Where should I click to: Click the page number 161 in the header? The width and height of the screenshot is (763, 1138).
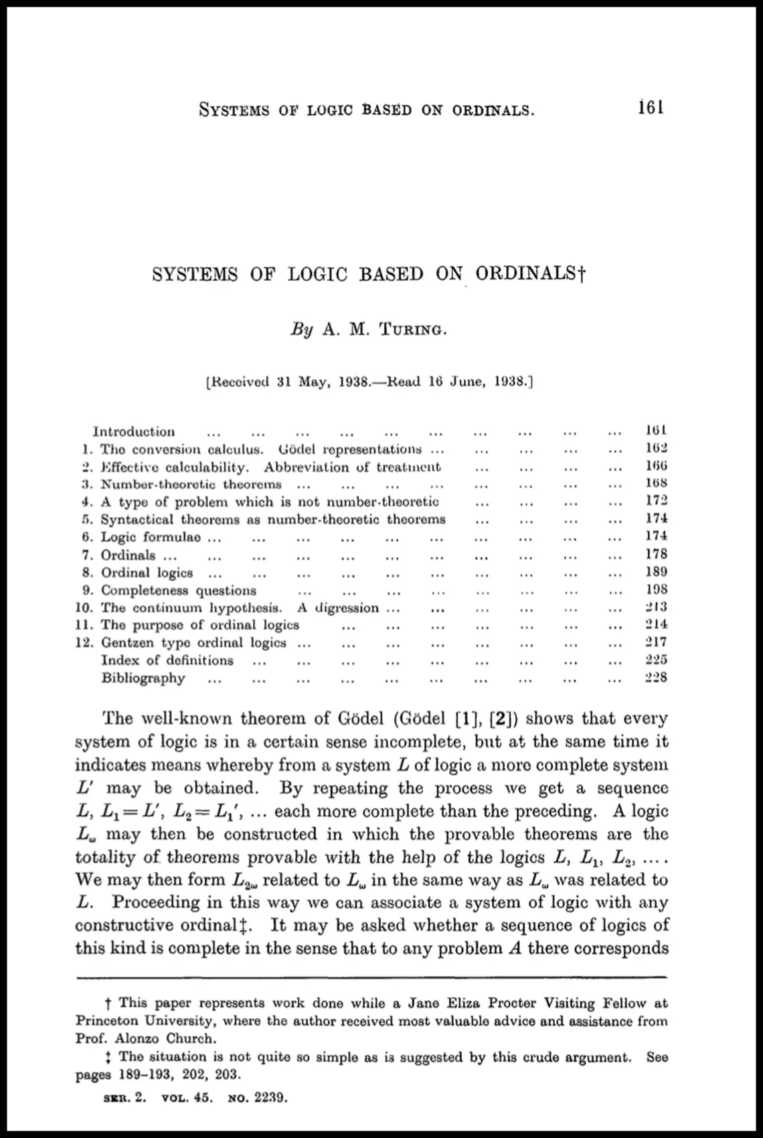tap(651, 108)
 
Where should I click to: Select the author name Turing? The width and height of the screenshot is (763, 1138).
tap(412, 330)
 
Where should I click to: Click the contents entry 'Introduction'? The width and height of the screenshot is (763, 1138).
tap(134, 431)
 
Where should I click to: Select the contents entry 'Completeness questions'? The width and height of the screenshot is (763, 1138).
tap(179, 590)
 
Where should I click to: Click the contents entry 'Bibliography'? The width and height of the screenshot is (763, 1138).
tap(143, 678)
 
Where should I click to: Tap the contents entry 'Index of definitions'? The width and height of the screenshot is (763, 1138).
tap(167, 660)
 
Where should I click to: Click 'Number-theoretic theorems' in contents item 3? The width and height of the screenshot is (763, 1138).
tap(191, 484)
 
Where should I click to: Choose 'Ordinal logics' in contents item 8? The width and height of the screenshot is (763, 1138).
tap(147, 573)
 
